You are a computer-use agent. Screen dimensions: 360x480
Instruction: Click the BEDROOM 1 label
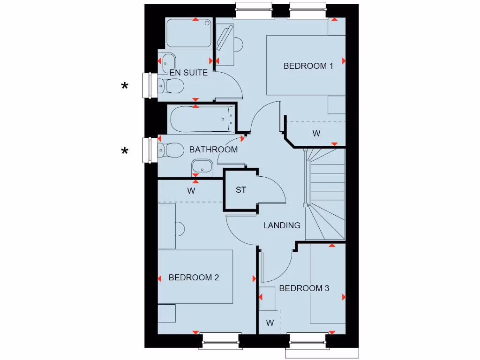(308, 66)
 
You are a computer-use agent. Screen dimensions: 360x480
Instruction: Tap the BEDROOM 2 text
(194, 277)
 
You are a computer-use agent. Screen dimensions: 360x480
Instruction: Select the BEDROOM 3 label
(304, 288)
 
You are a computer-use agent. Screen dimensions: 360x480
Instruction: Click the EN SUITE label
(188, 73)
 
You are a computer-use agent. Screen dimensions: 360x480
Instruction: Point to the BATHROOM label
(213, 150)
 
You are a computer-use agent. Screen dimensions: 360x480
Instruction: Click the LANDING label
(282, 225)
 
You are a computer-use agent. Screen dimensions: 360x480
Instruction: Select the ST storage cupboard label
(241, 190)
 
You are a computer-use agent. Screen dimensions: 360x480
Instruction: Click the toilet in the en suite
(171, 86)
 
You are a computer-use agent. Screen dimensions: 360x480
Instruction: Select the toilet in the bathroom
(171, 150)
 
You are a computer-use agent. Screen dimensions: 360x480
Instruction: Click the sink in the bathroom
(202, 166)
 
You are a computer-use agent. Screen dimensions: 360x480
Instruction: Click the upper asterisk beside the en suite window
(125, 86)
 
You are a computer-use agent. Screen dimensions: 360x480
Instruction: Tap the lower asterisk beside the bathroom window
(125, 150)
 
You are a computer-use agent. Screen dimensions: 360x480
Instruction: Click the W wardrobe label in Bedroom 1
(316, 134)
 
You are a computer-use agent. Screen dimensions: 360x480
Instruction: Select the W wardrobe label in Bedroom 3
(270, 322)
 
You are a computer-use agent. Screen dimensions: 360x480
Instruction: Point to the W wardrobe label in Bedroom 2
(191, 191)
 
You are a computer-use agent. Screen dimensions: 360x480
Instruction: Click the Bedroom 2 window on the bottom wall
(221, 340)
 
